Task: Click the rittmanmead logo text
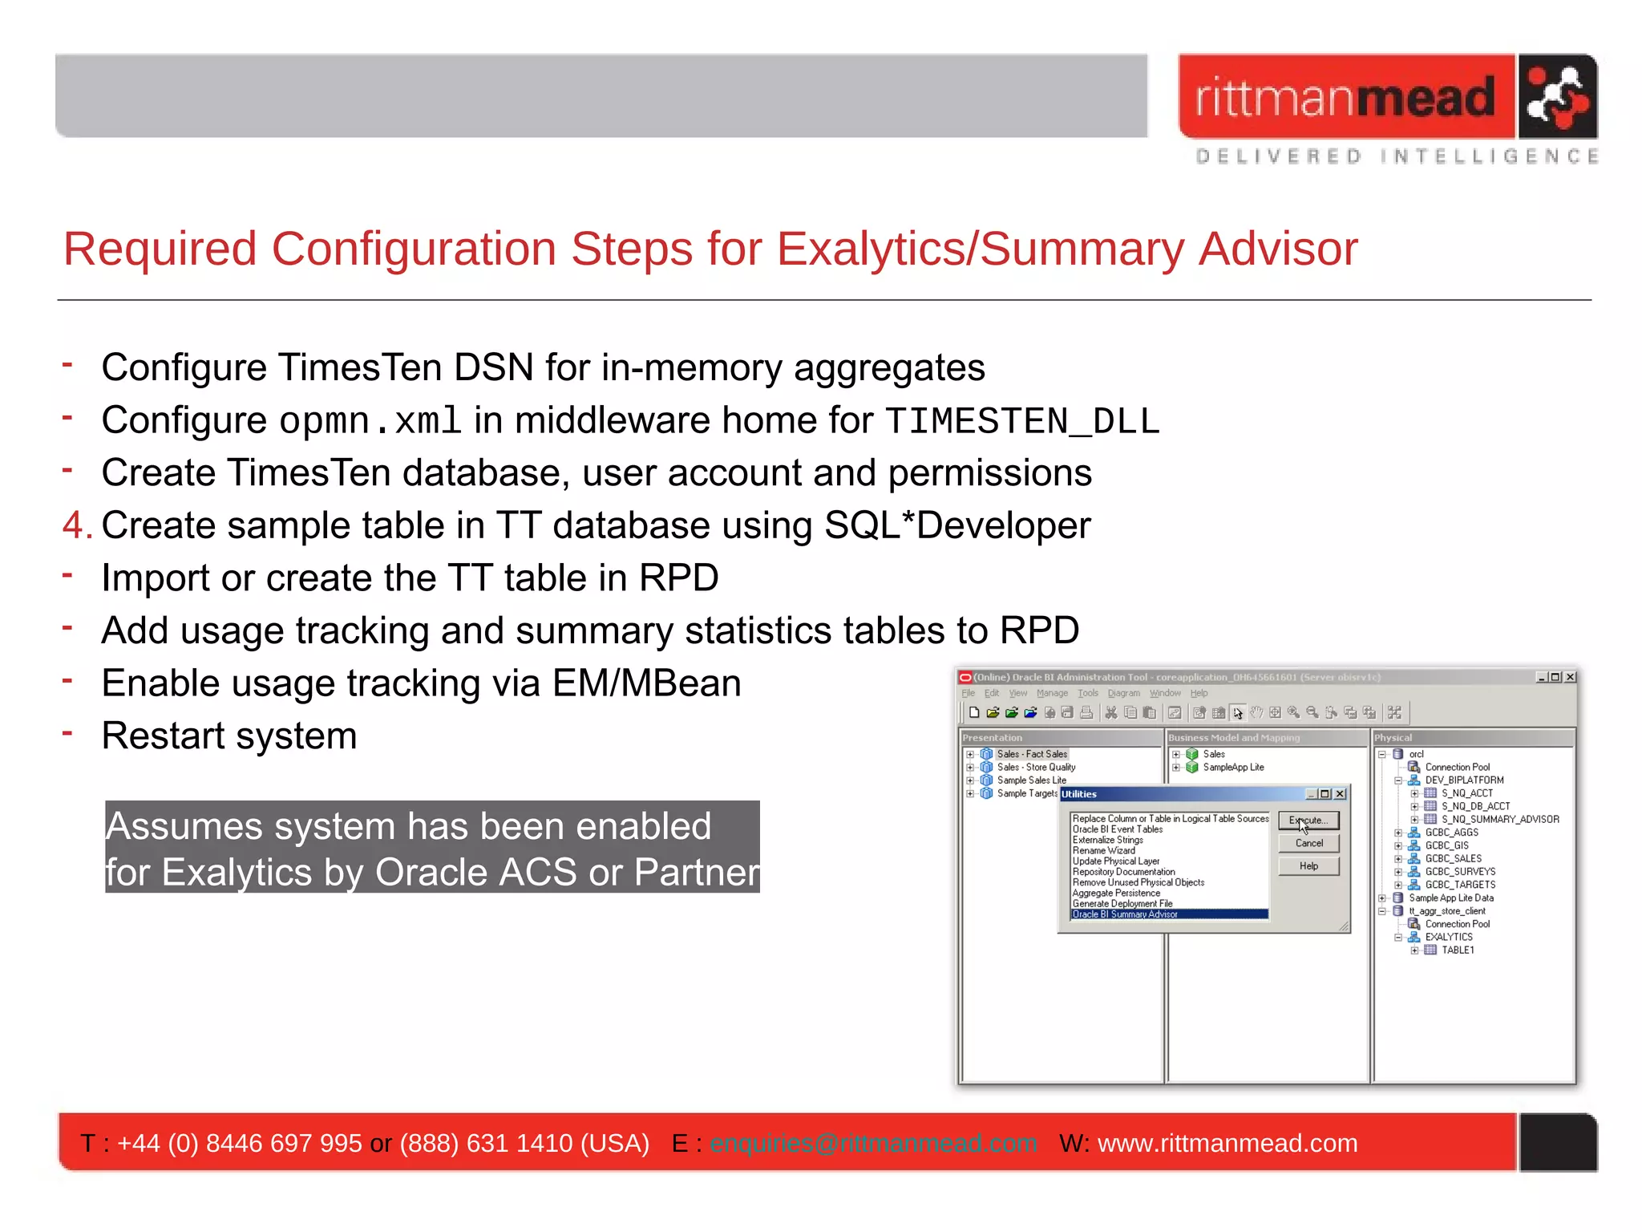click(1345, 98)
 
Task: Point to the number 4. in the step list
click(77, 526)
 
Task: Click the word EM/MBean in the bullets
click(646, 683)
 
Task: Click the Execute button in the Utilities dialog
click(1308, 821)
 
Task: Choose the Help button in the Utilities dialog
click(1308, 866)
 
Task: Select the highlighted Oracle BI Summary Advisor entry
click(1126, 914)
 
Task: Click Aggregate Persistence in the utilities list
click(1116, 893)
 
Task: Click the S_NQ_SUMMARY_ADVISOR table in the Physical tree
click(1499, 819)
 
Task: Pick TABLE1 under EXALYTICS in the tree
click(1457, 950)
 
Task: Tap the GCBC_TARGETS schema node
click(1459, 885)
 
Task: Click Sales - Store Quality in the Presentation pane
click(1036, 768)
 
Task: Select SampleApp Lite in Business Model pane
click(1233, 768)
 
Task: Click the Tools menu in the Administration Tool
click(1087, 693)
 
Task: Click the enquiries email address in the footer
click(873, 1143)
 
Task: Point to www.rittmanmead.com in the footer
click(1227, 1143)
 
